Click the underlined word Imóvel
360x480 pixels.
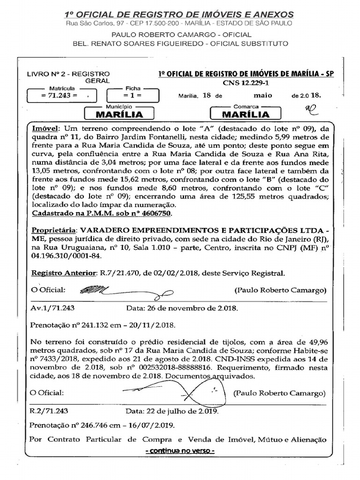tap(45, 128)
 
